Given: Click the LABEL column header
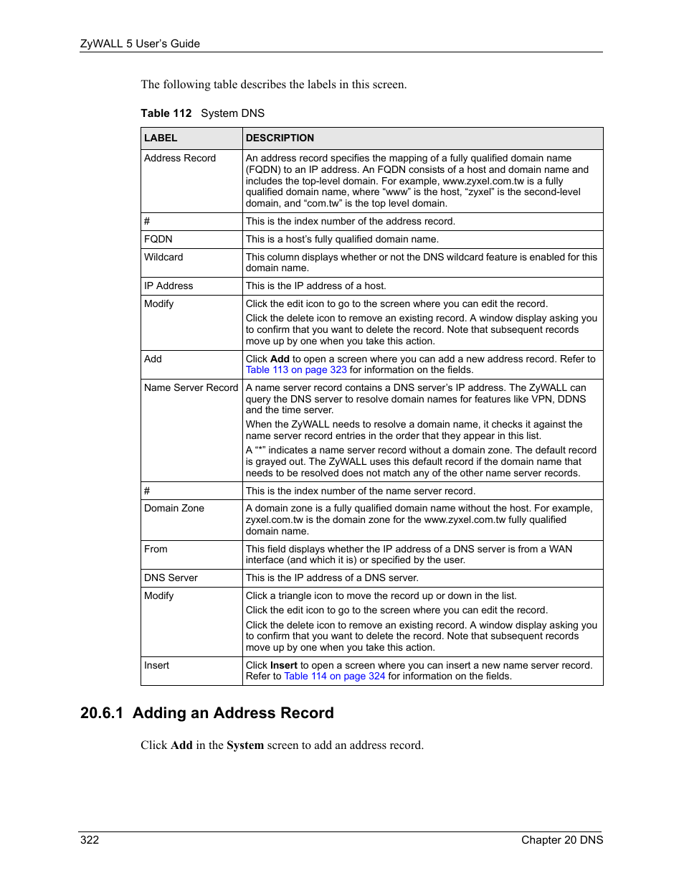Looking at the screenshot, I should tap(161, 138).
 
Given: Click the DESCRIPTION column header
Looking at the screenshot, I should tap(280, 138).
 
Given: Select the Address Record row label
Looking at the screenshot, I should tap(180, 159).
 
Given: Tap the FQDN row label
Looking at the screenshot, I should tap(158, 240).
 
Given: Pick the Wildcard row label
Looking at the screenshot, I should tap(163, 258).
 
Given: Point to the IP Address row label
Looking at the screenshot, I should tap(168, 286).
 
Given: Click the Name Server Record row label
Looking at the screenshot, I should tap(191, 388).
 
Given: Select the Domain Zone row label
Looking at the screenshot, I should tap(174, 509).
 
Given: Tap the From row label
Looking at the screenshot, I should tap(156, 550).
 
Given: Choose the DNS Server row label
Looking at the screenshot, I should tap(171, 578).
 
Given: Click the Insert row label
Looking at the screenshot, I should tap(156, 666).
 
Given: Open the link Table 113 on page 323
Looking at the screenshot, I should tap(296, 370).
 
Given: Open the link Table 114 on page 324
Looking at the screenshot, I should tap(335, 677).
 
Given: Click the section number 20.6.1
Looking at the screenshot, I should tap(102, 713).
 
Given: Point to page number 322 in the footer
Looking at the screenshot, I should tap(90, 840).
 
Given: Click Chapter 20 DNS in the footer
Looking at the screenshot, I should tap(562, 840).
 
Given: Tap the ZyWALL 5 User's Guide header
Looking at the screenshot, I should tap(140, 44).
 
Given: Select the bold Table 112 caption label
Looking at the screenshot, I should tap(166, 113).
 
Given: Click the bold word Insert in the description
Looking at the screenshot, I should tap(284, 666).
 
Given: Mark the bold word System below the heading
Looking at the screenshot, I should tap(245, 745).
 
